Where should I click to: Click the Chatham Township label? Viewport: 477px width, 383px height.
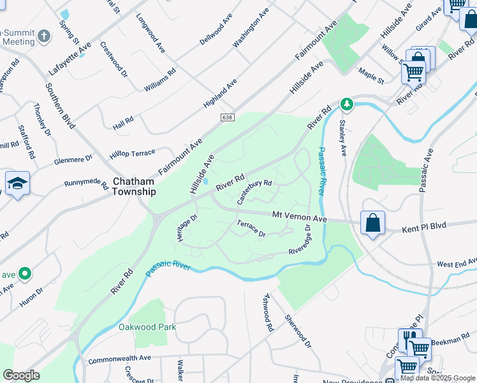point(134,186)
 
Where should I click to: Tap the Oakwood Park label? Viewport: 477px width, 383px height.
point(147,327)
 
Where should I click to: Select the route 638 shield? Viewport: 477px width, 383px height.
point(228,117)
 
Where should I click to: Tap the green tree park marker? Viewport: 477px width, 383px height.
point(346,103)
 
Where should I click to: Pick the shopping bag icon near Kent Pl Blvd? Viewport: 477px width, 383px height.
point(373,223)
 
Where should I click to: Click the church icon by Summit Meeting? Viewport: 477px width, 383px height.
point(44,35)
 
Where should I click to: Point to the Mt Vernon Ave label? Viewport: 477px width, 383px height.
point(300,218)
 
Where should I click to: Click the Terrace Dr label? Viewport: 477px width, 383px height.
point(251,228)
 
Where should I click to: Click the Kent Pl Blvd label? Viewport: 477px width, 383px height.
point(424,227)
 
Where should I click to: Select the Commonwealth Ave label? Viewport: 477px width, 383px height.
point(119,359)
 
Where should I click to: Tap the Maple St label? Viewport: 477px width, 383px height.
point(371,77)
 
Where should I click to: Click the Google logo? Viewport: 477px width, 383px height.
point(21,375)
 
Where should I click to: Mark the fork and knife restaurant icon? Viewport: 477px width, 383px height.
point(409,339)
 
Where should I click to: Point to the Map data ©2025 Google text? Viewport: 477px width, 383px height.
point(437,378)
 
